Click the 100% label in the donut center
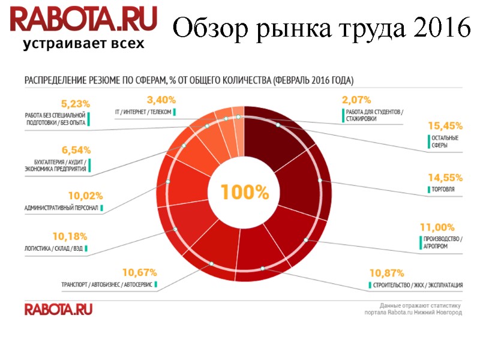pos(245,193)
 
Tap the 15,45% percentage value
pos(445,126)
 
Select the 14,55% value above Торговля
pos(445,178)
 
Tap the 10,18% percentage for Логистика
pos(70,236)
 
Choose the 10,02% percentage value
pos(86,196)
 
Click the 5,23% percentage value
pos(76,103)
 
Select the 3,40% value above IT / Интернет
pos(161,100)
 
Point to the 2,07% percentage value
pos(356,100)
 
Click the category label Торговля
pos(442,190)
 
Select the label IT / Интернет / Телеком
pos(143,112)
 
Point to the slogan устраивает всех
pos(83,44)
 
